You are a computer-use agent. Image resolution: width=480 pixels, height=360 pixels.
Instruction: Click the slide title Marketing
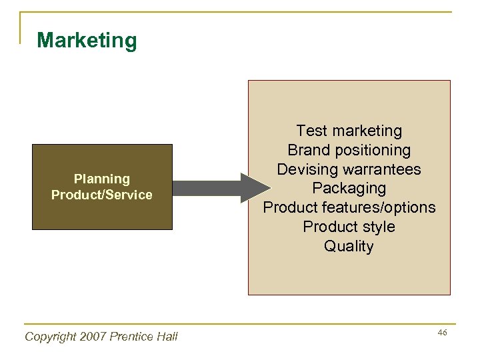(x=87, y=40)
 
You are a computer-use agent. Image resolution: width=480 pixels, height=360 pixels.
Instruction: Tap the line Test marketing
(x=349, y=131)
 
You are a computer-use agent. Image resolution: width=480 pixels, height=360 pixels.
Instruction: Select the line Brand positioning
(x=349, y=150)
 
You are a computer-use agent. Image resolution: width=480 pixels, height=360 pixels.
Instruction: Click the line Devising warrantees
(x=349, y=169)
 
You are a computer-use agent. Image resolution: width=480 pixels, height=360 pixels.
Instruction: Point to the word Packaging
(x=349, y=189)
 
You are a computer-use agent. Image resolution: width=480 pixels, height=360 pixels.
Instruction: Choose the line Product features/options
(x=349, y=208)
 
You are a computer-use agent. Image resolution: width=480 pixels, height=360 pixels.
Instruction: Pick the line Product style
(x=349, y=227)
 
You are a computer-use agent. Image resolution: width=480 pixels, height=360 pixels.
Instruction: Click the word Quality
(x=349, y=247)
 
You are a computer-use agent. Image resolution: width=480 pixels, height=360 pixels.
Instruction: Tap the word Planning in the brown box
(x=102, y=179)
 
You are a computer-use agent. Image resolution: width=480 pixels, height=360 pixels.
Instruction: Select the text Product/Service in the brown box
(x=102, y=195)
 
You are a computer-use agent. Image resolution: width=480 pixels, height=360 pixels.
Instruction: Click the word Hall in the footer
(x=167, y=337)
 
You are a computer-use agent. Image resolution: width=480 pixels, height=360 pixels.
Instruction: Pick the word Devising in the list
(x=305, y=169)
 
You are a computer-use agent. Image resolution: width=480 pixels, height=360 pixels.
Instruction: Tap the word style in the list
(x=379, y=227)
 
